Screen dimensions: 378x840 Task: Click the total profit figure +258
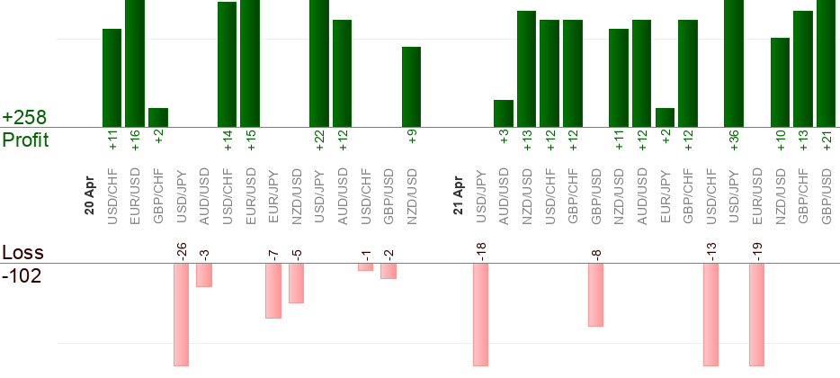(24, 118)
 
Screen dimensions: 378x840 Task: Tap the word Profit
(26, 140)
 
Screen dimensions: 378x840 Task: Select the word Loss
(22, 253)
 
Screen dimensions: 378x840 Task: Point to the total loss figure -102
(22, 275)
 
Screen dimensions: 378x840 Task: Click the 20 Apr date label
(90, 191)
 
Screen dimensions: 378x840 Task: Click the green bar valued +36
(734, 63)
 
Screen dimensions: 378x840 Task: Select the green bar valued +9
(411, 86)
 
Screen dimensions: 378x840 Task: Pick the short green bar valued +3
(504, 113)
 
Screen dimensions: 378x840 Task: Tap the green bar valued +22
(319, 63)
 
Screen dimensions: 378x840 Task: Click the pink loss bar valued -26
(181, 314)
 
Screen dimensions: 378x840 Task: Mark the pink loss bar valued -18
(480, 314)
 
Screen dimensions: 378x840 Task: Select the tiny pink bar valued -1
(365, 266)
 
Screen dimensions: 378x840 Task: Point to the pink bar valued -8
(595, 294)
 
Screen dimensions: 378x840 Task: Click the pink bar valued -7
(273, 291)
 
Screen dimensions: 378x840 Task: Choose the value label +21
(827, 139)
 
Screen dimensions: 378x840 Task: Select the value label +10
(780, 139)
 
